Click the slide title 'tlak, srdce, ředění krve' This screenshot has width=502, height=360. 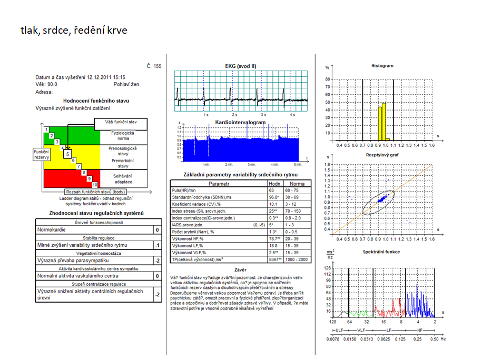pos(74,30)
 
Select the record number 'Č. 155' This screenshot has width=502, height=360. pos(154,66)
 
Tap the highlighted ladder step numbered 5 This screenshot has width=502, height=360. pos(68,154)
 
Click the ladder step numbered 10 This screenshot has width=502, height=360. pos(95,185)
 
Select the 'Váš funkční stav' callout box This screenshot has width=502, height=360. pos(121,124)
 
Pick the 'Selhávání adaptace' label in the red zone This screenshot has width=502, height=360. pos(123,178)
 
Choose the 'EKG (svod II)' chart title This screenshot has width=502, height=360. pos(240,66)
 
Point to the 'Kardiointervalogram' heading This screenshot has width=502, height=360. pos(240,122)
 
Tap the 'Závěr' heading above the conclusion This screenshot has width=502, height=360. pos(241,269)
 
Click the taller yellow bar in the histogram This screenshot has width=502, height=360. pos(384,122)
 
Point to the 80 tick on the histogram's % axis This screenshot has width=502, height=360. pos(328,79)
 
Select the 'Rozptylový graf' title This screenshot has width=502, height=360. pos(382,155)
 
